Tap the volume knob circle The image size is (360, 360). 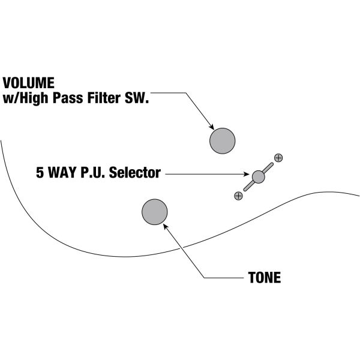coord(223,141)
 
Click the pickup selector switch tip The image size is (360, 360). coord(259,176)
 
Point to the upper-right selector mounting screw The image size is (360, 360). coord(278,158)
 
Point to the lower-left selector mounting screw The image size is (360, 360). coord(239,195)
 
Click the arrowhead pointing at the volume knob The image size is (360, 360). coord(211,127)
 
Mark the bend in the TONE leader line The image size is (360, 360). coord(205,278)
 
